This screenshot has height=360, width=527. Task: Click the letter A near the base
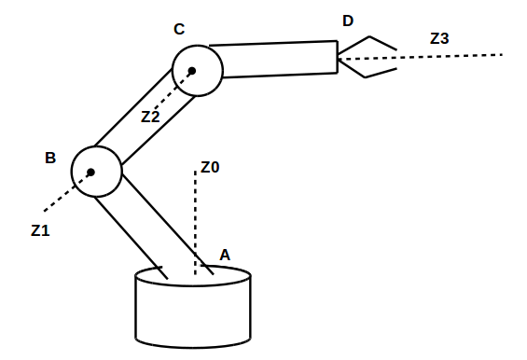pyautogui.click(x=224, y=254)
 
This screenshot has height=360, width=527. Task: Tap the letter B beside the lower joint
pyautogui.click(x=50, y=158)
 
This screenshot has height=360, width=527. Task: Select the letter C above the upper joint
pyautogui.click(x=179, y=30)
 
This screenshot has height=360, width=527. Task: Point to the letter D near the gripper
pyautogui.click(x=348, y=21)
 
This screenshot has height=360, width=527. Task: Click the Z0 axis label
pyautogui.click(x=210, y=168)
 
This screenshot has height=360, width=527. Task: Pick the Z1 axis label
pyautogui.click(x=40, y=229)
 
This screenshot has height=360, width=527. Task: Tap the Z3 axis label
pyautogui.click(x=439, y=38)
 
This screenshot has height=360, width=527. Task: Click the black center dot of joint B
pyautogui.click(x=91, y=172)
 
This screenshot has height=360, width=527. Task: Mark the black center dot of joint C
pyautogui.click(x=192, y=71)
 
